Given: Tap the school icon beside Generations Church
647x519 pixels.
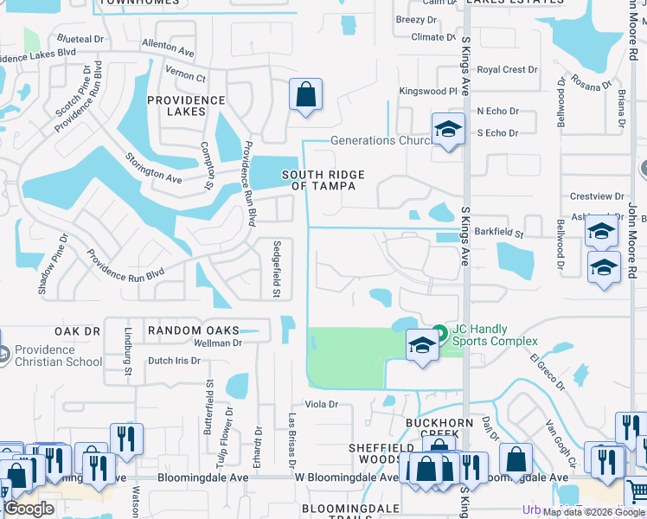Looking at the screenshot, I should click(x=448, y=130).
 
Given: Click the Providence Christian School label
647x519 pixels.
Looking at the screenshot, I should click(x=57, y=356).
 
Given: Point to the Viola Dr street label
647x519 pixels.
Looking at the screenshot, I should click(x=320, y=404).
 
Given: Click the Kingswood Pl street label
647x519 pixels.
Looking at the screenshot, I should click(x=427, y=91).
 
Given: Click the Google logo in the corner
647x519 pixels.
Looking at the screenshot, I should click(x=29, y=509).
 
